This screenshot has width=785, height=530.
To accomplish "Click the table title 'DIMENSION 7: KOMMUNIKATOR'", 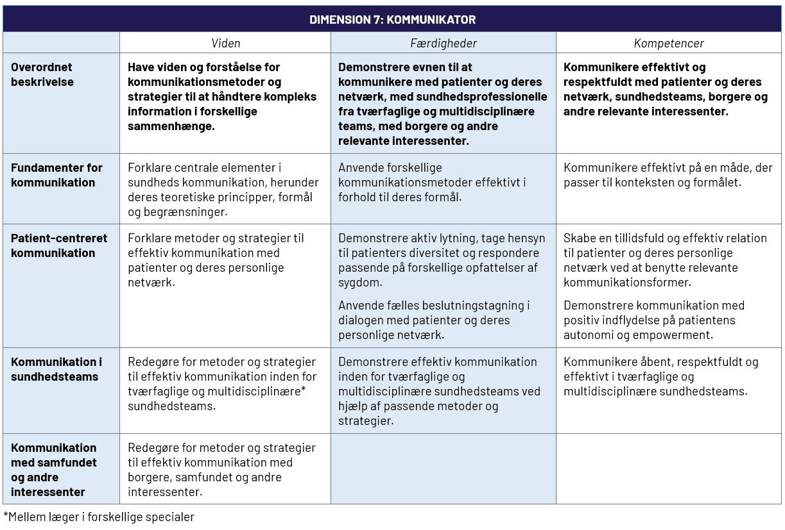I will pyautogui.click(x=392, y=19).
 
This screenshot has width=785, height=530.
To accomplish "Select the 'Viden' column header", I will pyautogui.click(x=225, y=44).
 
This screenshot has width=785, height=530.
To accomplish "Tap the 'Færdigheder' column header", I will pyautogui.click(x=444, y=44).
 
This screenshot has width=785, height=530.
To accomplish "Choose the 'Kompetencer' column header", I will pyautogui.click(x=669, y=44).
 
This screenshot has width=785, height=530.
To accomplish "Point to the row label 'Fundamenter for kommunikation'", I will pyautogui.click(x=56, y=175).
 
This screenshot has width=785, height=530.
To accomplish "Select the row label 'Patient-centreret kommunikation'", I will pyautogui.click(x=59, y=245).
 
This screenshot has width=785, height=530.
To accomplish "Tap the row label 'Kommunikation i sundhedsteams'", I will pyautogui.click(x=56, y=369).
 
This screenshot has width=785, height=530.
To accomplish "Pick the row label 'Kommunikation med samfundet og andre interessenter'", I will pyautogui.click(x=54, y=470).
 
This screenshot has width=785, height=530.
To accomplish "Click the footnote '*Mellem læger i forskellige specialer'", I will pyautogui.click(x=99, y=517).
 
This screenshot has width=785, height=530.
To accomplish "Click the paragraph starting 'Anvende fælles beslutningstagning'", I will pyautogui.click(x=433, y=320).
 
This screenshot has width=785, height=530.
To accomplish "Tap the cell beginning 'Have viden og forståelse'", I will pyautogui.click(x=222, y=97).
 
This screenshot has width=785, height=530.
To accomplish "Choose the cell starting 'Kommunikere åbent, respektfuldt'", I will pyautogui.click(x=660, y=377).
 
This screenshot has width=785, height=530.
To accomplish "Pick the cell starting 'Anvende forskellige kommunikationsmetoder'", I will pyautogui.click(x=432, y=183).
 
